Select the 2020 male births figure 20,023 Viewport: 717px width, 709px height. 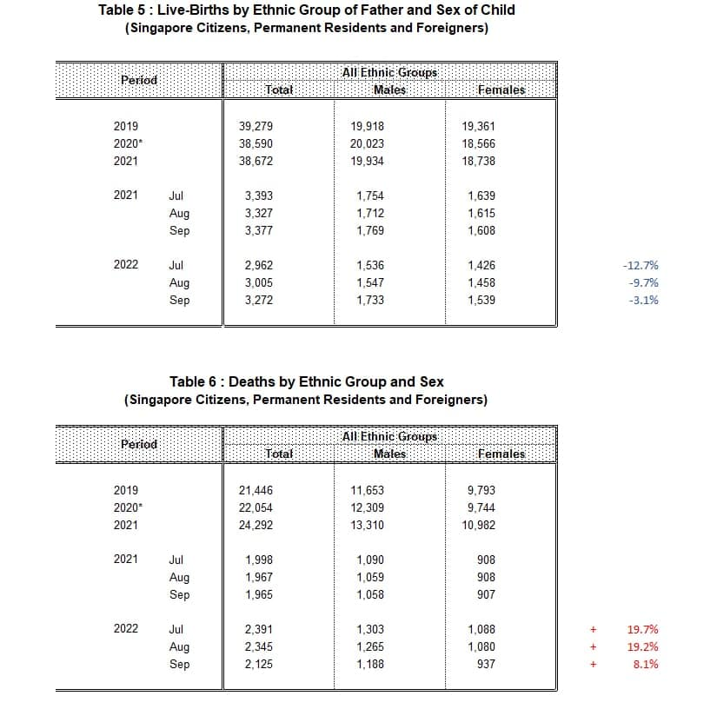[367, 143]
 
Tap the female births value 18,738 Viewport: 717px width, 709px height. [481, 161]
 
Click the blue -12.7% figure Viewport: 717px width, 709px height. [641, 266]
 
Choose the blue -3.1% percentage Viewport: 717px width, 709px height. [643, 301]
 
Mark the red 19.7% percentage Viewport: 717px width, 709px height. [642, 629]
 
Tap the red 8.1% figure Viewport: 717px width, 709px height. [645, 664]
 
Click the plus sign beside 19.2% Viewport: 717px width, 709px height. [593, 646]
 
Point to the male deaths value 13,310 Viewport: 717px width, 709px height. [367, 525]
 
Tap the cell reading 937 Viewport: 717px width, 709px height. [486, 664]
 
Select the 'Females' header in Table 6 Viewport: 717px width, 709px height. [501, 454]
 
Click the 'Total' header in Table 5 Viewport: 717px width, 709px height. [278, 89]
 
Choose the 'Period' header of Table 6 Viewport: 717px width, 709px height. [139, 444]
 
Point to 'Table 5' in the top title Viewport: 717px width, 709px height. [125, 10]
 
